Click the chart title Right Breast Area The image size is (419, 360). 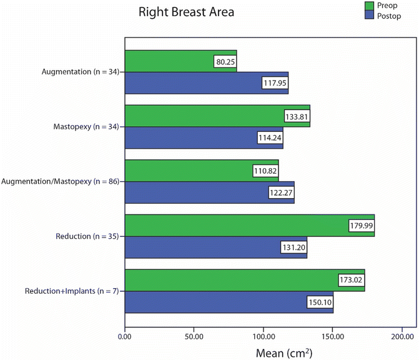point(186,12)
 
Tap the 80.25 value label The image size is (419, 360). point(224,62)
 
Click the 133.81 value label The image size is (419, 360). point(297,116)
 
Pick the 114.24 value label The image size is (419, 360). point(270,137)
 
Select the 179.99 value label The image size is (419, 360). point(361,225)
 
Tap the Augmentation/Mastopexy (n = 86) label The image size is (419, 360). point(61,182)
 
